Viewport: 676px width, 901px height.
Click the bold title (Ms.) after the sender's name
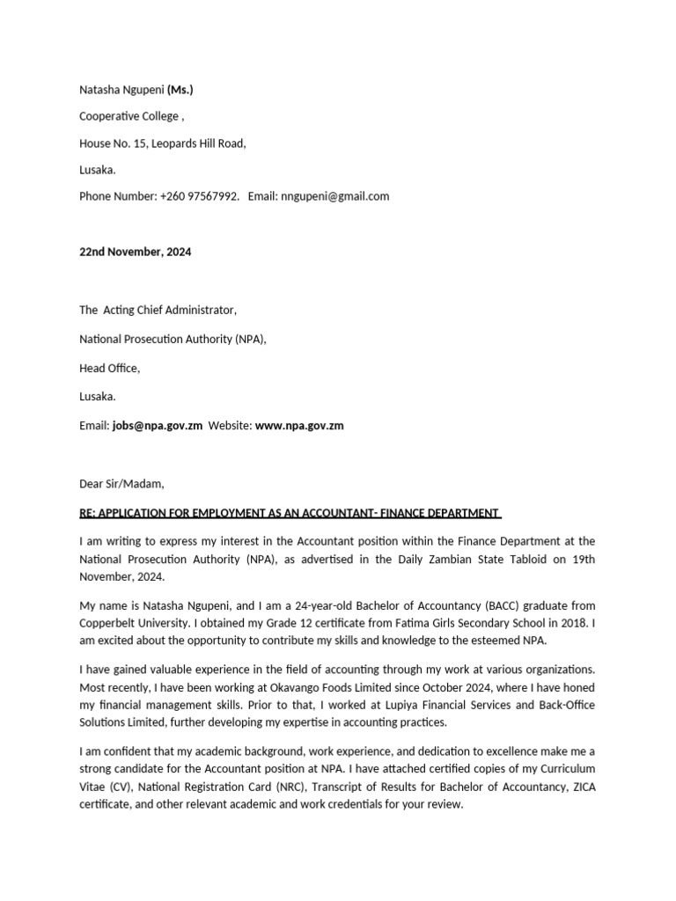pos(180,90)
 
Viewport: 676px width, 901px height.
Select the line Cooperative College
pos(131,116)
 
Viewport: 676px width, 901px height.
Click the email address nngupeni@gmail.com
pos(334,196)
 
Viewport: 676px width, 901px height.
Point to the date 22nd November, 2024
pos(135,252)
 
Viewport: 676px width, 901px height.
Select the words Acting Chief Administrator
pos(169,310)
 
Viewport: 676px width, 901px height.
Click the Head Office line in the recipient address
pos(109,368)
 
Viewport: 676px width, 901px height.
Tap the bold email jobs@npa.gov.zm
pos(158,426)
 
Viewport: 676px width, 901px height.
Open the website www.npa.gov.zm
pos(299,426)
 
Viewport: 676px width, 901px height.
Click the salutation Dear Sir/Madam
pos(121,484)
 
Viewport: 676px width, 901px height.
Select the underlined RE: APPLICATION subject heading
pos(290,513)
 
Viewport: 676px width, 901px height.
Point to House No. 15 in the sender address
pos(113,143)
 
